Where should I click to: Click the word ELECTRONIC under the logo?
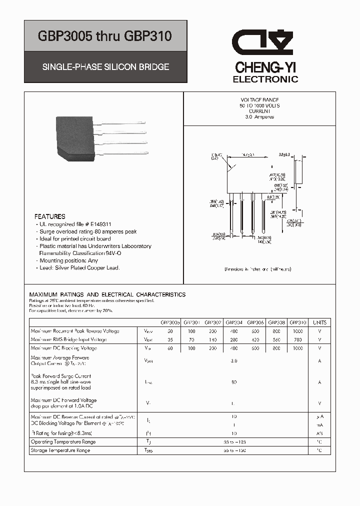coord(265,79)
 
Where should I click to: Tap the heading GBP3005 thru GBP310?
coord(105,36)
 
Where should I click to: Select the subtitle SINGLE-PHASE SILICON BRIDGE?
coord(105,66)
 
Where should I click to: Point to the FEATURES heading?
coord(49,216)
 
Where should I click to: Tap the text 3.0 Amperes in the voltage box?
coord(259,117)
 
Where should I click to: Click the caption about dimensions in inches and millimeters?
coord(258,269)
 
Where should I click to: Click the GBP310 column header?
coord(297,322)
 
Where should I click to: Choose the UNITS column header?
coord(319,322)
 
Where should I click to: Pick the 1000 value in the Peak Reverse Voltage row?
coord(297,331)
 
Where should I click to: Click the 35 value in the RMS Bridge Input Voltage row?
coord(169,339)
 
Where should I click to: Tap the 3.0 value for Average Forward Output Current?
coord(233,360)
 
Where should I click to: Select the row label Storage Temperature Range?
coord(60,450)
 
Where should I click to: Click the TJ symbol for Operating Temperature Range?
coord(148,442)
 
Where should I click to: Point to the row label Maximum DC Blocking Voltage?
coord(64,348)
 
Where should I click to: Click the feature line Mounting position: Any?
coord(68,260)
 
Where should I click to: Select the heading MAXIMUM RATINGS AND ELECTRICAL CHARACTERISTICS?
coord(107,294)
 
